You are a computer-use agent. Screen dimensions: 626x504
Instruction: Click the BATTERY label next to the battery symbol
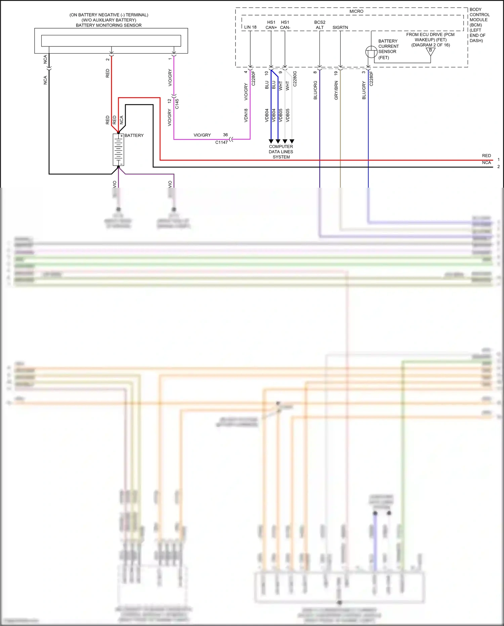134,136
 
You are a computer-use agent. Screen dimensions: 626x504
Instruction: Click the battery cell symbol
118,150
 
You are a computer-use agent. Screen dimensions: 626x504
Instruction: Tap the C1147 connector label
221,142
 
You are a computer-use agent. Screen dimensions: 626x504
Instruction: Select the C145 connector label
177,104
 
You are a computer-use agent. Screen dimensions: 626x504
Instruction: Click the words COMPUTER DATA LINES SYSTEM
281,152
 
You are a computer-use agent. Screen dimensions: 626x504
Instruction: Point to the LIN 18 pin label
250,27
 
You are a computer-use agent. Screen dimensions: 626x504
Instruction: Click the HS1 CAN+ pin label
271,25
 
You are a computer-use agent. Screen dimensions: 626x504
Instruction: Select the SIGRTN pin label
340,28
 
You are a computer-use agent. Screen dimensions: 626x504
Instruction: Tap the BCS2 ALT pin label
320,25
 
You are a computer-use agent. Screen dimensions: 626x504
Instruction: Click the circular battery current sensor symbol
371,52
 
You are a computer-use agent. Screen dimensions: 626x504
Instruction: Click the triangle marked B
430,51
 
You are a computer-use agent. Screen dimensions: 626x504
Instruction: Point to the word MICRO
356,11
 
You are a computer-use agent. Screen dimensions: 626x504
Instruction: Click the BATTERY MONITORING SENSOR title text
109,25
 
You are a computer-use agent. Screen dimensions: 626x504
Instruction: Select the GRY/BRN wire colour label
336,90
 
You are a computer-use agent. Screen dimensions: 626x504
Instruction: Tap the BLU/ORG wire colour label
315,90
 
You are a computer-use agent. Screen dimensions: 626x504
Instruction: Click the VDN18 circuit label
246,115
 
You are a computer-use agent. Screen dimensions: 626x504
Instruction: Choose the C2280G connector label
295,79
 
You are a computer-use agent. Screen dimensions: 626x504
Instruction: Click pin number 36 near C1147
225,135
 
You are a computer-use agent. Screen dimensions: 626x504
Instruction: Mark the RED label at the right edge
486,156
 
